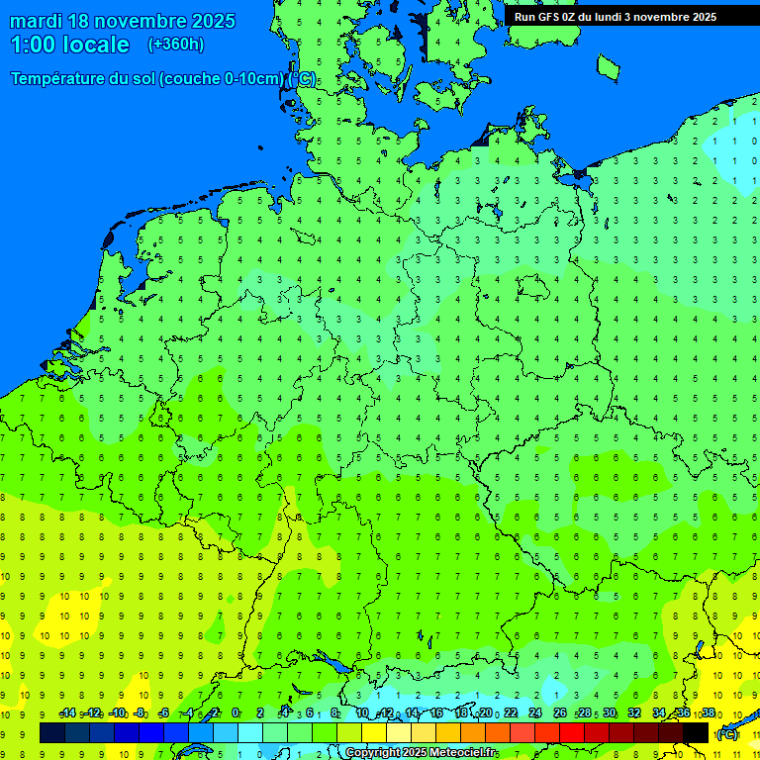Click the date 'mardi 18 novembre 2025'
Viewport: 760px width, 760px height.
[123, 21]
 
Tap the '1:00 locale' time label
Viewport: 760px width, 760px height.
[69, 45]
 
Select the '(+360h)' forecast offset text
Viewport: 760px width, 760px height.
[175, 45]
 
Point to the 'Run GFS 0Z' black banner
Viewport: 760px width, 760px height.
[615, 16]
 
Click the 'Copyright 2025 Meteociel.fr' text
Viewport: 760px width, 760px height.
[421, 753]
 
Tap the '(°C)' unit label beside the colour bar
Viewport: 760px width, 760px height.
[727, 734]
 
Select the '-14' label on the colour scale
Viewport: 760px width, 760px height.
[67, 713]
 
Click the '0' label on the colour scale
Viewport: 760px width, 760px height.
[236, 713]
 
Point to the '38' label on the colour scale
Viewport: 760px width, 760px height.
[708, 713]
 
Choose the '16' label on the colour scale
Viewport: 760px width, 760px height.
[436, 713]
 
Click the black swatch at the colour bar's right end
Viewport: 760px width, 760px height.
[696, 732]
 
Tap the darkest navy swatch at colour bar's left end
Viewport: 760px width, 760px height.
[51, 732]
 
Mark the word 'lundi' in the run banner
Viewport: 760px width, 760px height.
[605, 17]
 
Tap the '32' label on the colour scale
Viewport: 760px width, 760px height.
[634, 713]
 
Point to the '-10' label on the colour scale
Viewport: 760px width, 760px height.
[117, 713]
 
